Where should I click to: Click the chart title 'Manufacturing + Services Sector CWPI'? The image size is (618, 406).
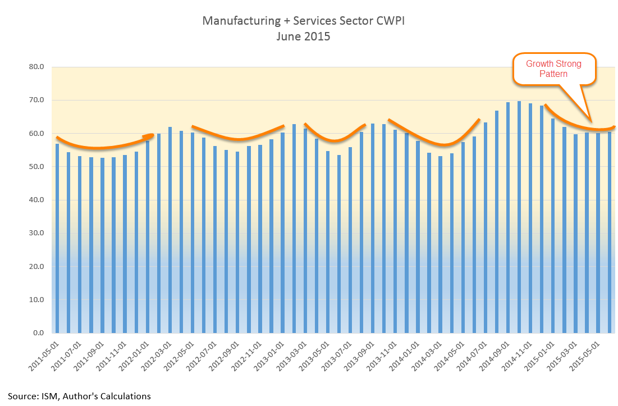[303, 21]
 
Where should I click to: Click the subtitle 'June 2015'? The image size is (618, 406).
[303, 37]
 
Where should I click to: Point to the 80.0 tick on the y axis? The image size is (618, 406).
[36, 67]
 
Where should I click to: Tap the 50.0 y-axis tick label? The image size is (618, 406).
[36, 167]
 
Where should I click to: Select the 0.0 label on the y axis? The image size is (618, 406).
[38, 333]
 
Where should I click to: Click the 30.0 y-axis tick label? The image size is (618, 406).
[36, 233]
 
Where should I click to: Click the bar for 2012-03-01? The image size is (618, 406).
[170, 230]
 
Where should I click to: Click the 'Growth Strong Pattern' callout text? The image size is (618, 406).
[553, 69]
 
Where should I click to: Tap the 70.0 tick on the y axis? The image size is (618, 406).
[36, 100]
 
